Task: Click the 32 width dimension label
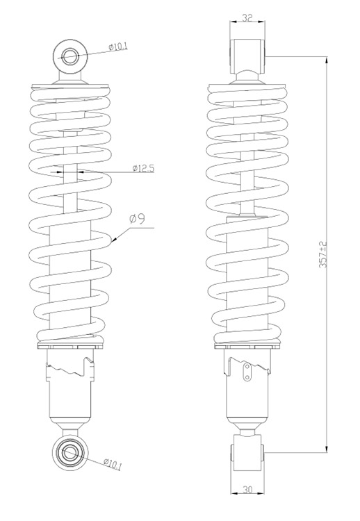(x=247, y=18)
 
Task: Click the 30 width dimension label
(x=247, y=490)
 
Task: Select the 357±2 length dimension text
(x=323, y=254)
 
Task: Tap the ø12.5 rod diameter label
(x=143, y=168)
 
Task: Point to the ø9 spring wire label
(x=137, y=220)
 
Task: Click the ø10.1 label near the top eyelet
(x=118, y=47)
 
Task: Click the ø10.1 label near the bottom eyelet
(x=113, y=464)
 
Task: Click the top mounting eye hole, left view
(x=69, y=56)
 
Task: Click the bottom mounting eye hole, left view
(x=70, y=452)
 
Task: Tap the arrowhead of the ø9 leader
(x=114, y=240)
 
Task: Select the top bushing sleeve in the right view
(x=247, y=56)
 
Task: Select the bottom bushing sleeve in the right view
(x=247, y=452)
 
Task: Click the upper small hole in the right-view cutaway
(x=247, y=367)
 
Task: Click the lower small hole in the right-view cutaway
(x=247, y=377)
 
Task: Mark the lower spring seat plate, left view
(x=70, y=346)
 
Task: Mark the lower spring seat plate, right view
(x=247, y=346)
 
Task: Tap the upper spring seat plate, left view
(x=70, y=85)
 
